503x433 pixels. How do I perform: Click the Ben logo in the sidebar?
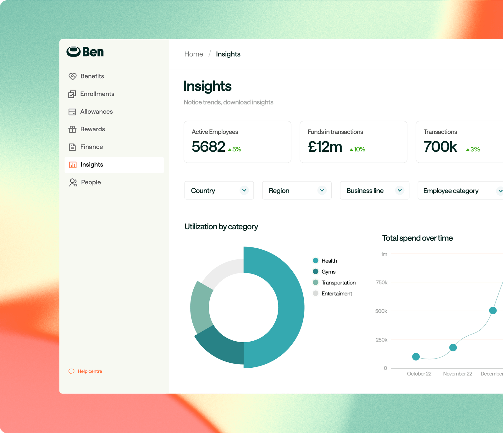85,52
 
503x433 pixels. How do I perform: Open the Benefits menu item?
92,76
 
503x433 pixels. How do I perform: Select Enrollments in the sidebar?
97,94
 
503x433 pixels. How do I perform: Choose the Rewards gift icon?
73,129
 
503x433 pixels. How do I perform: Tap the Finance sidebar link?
91,147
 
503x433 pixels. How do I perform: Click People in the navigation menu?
91,182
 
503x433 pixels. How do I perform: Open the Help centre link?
90,371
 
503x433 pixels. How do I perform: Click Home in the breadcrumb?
193,54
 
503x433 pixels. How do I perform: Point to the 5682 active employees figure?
208,147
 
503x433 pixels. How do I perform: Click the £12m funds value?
325,147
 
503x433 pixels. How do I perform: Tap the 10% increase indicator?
358,149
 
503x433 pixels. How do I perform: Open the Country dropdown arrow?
244,190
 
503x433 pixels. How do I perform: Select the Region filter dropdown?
296,190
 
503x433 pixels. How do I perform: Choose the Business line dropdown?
374,190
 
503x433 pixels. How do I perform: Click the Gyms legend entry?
328,272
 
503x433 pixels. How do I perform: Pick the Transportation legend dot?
316,282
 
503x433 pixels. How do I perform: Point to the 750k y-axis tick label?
381,283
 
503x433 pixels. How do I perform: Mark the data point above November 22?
453,347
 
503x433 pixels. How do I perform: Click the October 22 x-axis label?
419,374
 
